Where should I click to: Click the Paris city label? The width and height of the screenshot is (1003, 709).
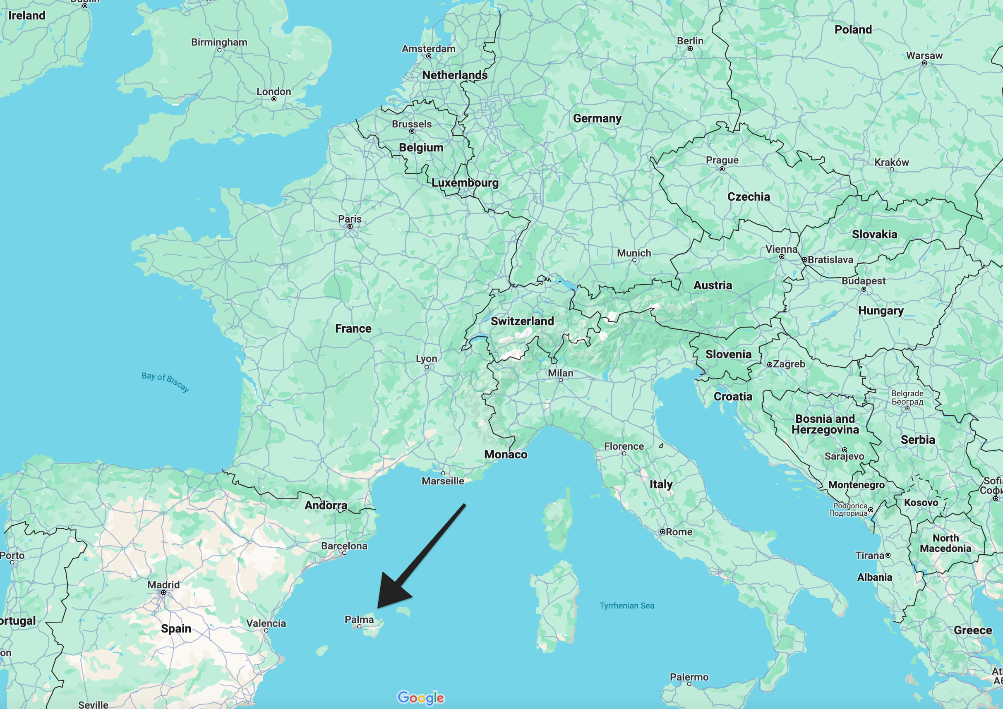pyautogui.click(x=350, y=219)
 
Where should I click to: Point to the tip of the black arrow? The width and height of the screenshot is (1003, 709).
pyautogui.click(x=378, y=608)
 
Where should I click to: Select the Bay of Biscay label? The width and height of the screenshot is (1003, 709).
pyautogui.click(x=165, y=381)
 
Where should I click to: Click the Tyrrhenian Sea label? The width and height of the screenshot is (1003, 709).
pyautogui.click(x=626, y=606)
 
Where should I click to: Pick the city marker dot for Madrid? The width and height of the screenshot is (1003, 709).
pyautogui.click(x=163, y=593)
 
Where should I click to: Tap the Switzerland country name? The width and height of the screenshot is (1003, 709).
pyautogui.click(x=522, y=321)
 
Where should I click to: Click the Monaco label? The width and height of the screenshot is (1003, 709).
pyautogui.click(x=506, y=454)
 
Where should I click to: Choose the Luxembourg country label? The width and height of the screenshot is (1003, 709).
pyautogui.click(x=465, y=182)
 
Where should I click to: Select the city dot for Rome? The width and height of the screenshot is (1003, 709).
pyautogui.click(x=662, y=532)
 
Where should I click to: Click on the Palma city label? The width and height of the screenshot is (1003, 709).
pyautogui.click(x=359, y=620)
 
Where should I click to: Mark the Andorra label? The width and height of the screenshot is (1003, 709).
pyautogui.click(x=326, y=505)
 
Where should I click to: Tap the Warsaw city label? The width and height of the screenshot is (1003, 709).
pyautogui.click(x=924, y=55)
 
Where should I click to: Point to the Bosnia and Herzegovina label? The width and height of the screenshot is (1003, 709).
pyautogui.click(x=825, y=424)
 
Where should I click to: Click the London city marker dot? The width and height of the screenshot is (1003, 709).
pyautogui.click(x=274, y=99)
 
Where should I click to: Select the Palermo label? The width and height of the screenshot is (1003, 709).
pyautogui.click(x=689, y=677)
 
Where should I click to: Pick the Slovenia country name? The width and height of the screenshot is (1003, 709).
pyautogui.click(x=728, y=354)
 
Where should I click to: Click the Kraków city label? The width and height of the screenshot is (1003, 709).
pyautogui.click(x=891, y=162)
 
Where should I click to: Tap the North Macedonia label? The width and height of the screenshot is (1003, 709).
pyautogui.click(x=945, y=543)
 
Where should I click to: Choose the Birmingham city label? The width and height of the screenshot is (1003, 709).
pyautogui.click(x=219, y=42)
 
